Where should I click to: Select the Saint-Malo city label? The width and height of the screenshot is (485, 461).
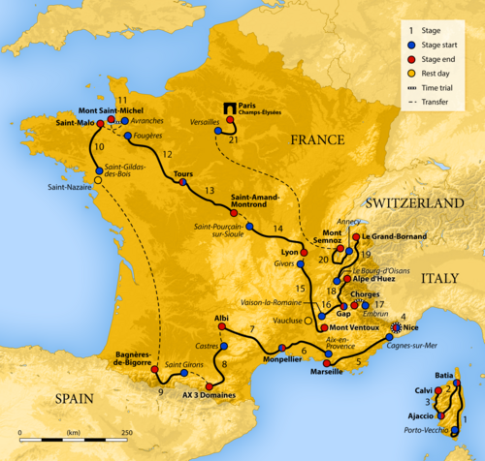[76, 124]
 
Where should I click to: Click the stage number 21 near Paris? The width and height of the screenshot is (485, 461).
[233, 139]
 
